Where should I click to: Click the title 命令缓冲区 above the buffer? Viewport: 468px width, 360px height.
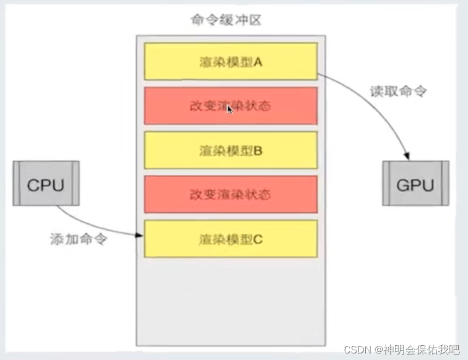point(226,21)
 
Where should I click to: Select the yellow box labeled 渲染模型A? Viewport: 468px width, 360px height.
point(231,61)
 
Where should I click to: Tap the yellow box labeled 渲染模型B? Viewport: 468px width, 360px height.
point(231,150)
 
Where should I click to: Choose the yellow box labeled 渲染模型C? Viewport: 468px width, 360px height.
point(231,239)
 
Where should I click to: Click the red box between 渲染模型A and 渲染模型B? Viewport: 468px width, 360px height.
point(231,106)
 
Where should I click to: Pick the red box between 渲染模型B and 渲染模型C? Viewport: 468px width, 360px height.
point(231,194)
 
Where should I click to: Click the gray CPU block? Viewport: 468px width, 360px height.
point(46,184)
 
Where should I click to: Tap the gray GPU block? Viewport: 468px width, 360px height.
point(415,184)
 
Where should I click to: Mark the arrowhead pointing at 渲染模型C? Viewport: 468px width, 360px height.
point(139,235)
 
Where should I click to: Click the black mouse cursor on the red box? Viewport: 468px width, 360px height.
point(230,109)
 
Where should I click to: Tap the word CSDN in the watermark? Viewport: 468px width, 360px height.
point(359,348)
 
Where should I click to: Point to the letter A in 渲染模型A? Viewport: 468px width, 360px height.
point(258,62)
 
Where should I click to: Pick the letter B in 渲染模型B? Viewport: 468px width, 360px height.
point(259,150)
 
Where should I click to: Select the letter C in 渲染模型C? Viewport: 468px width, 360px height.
point(259,239)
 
